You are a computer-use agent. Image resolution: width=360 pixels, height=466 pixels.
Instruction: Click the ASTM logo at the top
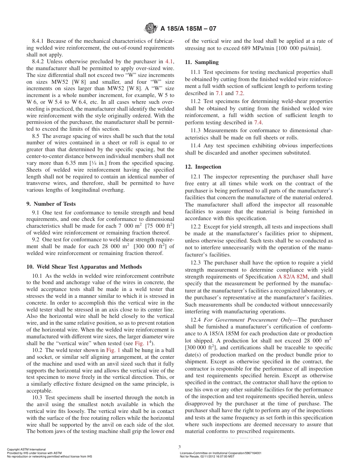click(151, 28)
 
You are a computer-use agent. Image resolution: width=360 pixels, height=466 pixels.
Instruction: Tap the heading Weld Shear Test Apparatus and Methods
click(84, 267)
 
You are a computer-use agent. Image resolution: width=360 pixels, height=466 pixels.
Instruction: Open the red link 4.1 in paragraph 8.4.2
click(169, 61)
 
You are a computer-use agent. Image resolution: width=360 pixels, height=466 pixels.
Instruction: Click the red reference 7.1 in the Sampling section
click(230, 93)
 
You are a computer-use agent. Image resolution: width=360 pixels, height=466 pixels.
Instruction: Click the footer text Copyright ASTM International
click(26, 449)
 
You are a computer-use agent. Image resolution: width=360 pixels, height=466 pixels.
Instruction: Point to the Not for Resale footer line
click(207, 456)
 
